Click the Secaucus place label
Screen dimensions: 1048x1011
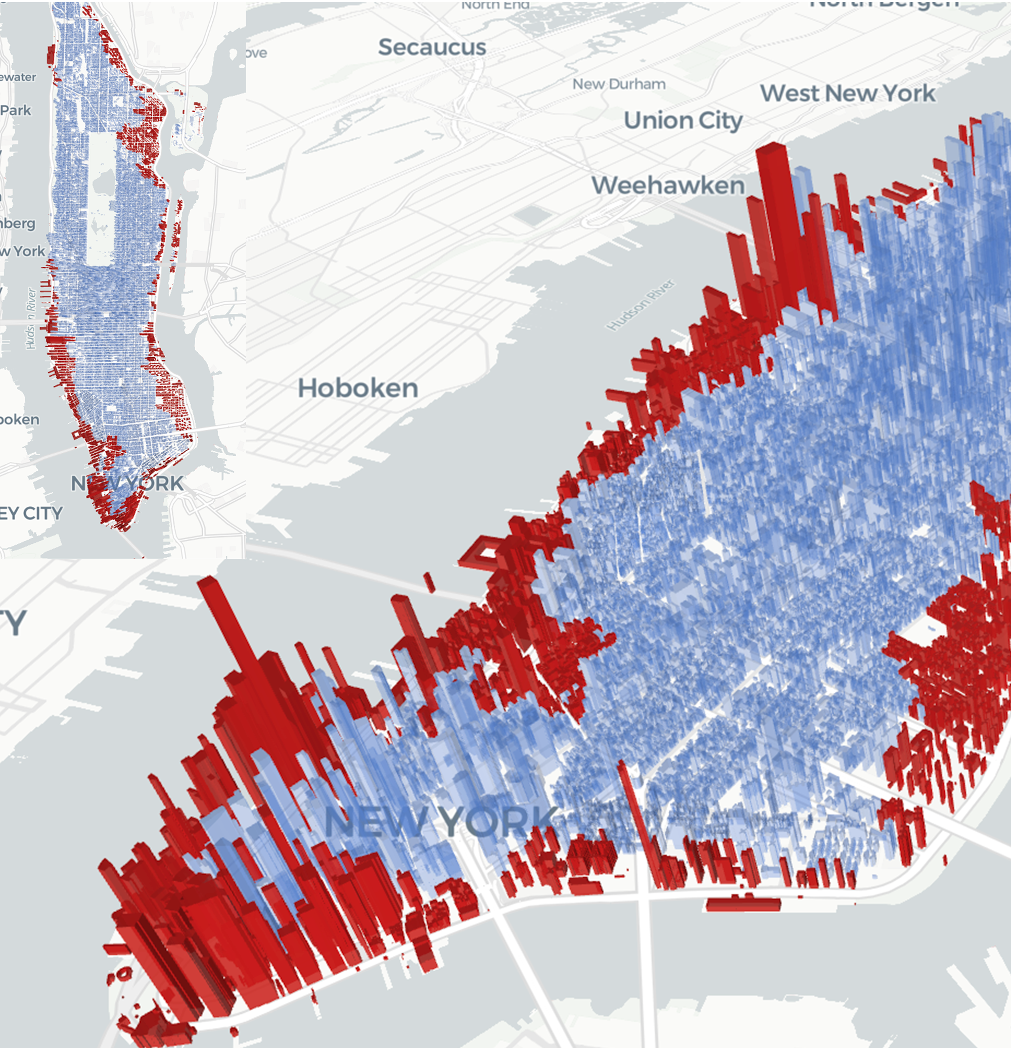click(x=432, y=47)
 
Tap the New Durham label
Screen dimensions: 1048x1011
click(x=619, y=84)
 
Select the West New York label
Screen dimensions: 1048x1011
click(x=848, y=93)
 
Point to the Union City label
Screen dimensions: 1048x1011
click(x=683, y=121)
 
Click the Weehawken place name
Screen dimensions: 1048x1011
click(x=668, y=185)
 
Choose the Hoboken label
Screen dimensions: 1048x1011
click(x=358, y=388)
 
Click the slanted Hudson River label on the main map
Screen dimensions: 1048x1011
click(x=641, y=305)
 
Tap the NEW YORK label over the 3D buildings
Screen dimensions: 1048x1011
click(x=441, y=822)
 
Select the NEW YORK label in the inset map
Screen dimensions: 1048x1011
click(x=127, y=484)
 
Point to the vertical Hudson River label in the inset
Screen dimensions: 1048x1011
click(x=31, y=319)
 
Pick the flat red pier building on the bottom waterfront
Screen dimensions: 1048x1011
click(x=744, y=904)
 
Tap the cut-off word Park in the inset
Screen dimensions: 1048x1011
click(x=16, y=111)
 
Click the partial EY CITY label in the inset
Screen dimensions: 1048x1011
click(x=31, y=513)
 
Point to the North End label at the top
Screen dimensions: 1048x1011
click(x=495, y=6)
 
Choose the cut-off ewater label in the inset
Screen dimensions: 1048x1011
click(x=18, y=77)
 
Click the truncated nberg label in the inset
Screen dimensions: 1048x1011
click(x=18, y=223)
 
